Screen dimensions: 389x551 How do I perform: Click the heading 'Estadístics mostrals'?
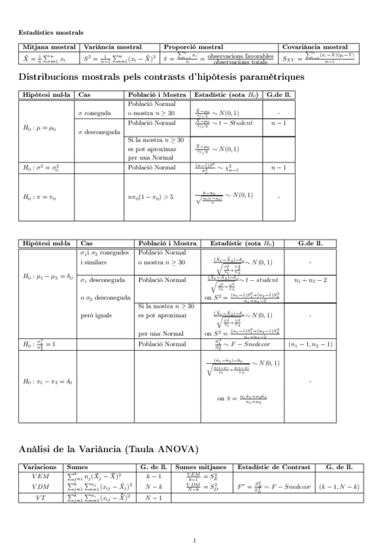coord(50,32)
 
